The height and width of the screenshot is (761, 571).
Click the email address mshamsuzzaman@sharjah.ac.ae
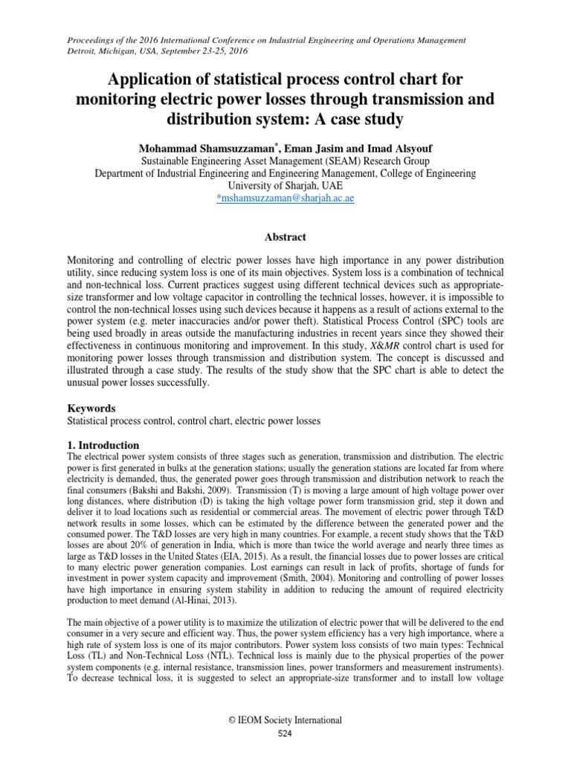tap(285, 200)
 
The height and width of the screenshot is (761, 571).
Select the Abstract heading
tap(285, 237)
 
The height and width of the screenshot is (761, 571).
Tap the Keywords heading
tap(91, 408)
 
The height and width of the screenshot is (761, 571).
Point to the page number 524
tap(285, 734)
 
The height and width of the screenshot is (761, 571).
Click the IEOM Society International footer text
tap(285, 720)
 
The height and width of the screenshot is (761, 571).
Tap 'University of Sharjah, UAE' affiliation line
tap(285, 187)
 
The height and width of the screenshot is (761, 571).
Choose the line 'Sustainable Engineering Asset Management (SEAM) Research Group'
tap(285, 160)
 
